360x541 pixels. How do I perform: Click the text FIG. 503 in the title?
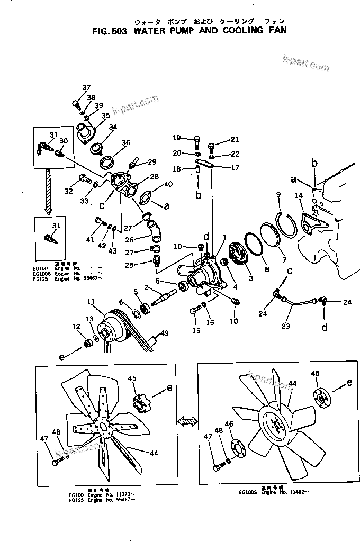109,31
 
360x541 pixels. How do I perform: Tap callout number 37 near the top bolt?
86,87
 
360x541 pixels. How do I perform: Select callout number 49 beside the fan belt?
164,333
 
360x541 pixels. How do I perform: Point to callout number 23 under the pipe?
285,326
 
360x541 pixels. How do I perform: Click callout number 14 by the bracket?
299,196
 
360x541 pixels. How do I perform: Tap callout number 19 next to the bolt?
176,138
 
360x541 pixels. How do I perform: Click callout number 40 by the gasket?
168,184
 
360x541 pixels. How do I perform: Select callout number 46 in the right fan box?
229,425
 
